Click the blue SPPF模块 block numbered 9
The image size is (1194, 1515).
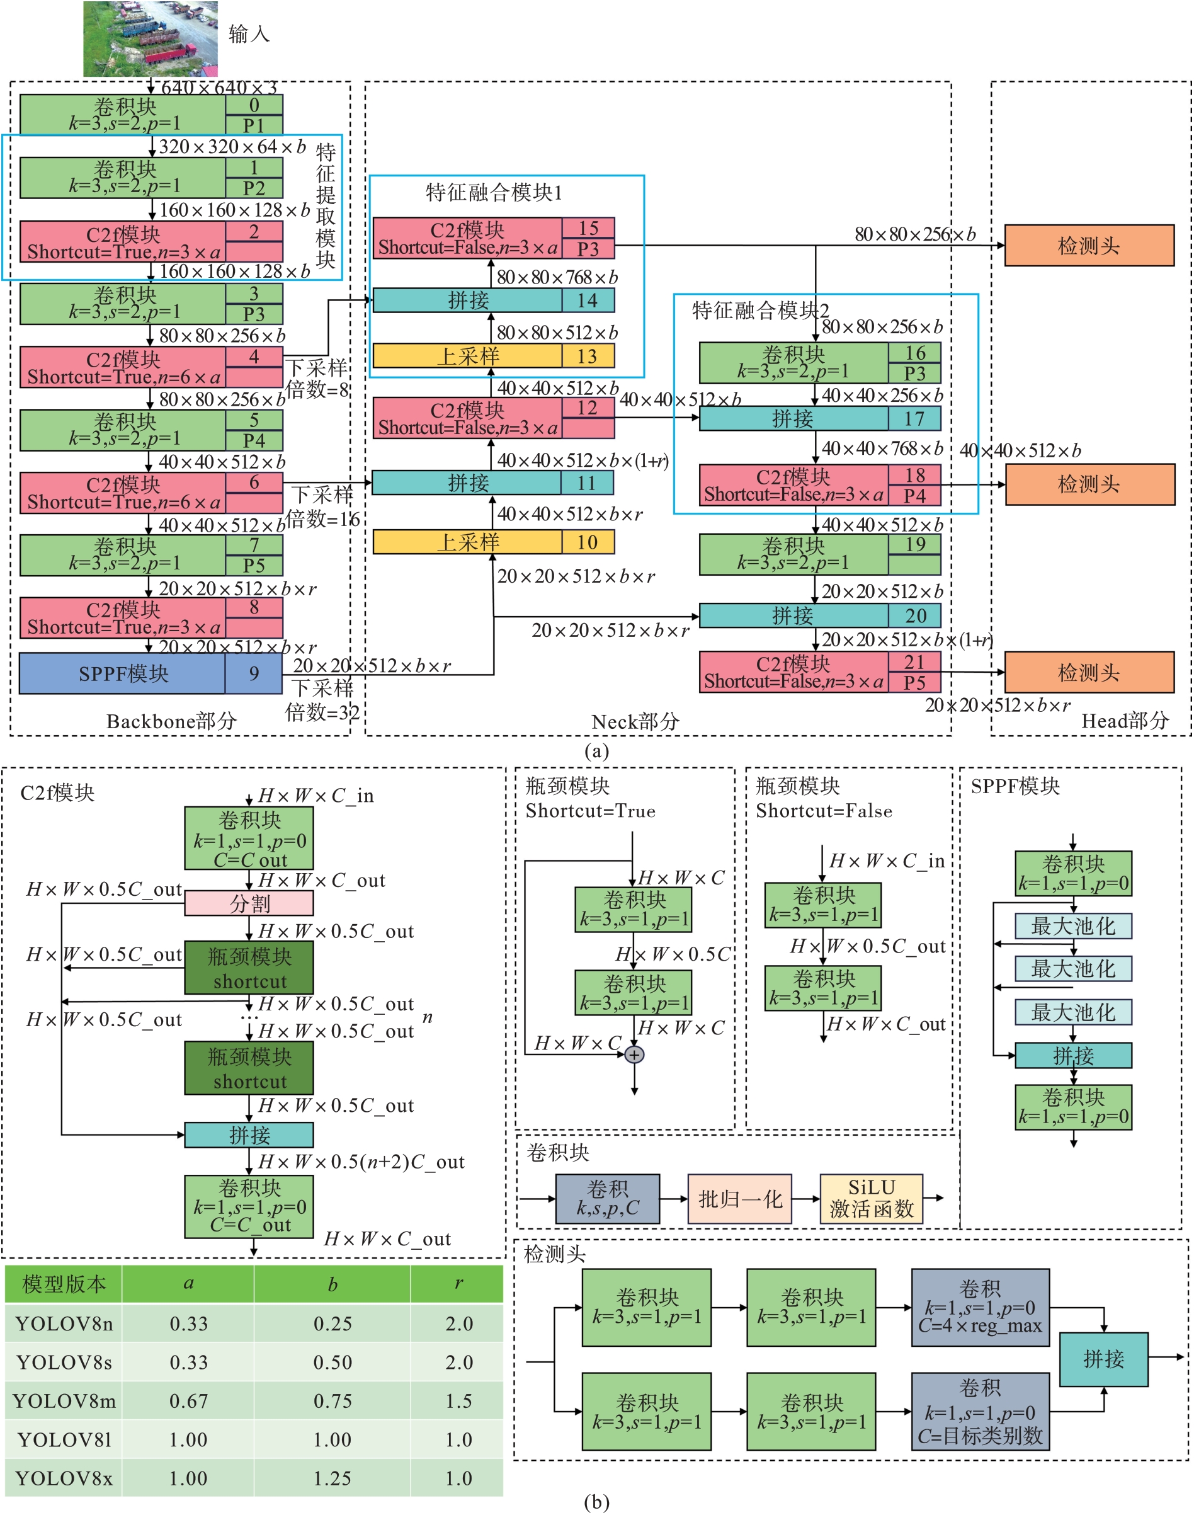[151, 673]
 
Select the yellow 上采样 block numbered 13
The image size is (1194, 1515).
[494, 356]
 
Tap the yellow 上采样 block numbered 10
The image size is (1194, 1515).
[494, 542]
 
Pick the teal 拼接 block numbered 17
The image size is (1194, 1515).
[819, 419]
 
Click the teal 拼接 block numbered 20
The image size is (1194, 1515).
[819, 615]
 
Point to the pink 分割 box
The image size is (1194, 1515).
[249, 903]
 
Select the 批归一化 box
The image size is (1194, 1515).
[739, 1199]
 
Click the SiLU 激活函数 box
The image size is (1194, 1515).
[871, 1199]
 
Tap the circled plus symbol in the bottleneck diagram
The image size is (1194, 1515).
[634, 1055]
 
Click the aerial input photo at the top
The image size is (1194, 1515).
[151, 38]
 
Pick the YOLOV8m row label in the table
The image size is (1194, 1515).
[64, 1400]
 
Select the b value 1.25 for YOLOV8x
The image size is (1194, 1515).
[332, 1478]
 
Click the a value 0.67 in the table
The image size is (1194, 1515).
[188, 1400]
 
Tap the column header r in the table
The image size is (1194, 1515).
[458, 1284]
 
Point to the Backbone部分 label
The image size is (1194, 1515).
[171, 721]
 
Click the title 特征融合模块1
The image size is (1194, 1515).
[494, 192]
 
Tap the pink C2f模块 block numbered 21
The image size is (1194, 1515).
[819, 672]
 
